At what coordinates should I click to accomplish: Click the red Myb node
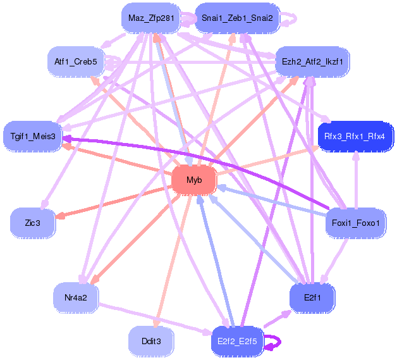click(x=194, y=180)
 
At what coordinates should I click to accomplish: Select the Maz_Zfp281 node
click(x=150, y=18)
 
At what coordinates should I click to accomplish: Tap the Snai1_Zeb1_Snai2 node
click(x=237, y=18)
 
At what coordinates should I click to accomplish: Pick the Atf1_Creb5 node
click(x=76, y=61)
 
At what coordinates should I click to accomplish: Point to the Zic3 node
click(x=33, y=223)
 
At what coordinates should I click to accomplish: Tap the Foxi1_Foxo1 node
click(x=355, y=223)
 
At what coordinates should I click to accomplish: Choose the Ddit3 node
click(x=151, y=341)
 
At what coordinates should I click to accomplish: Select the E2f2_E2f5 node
click(x=236, y=341)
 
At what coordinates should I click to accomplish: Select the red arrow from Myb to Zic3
click(x=114, y=201)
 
